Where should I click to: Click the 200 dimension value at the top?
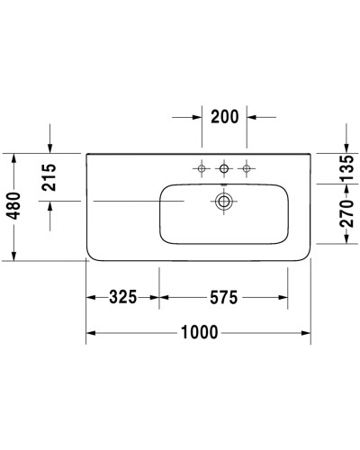tap(223, 117)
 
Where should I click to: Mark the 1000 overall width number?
tap(199, 333)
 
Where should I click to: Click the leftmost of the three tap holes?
tap(202, 167)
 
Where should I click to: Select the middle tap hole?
tap(223, 167)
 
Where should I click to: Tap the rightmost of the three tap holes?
tap(244, 167)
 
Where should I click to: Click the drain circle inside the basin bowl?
tap(223, 201)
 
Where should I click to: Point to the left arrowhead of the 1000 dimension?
tap(91, 333)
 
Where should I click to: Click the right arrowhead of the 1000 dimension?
tap(308, 333)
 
